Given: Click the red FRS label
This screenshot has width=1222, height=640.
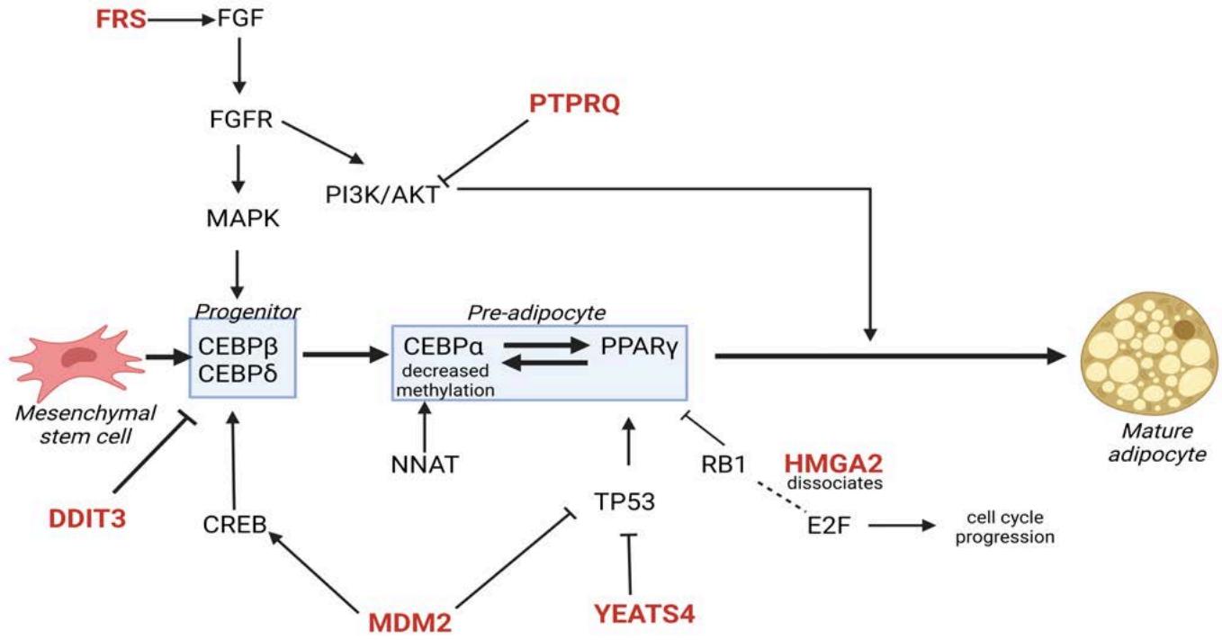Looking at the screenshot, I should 120,18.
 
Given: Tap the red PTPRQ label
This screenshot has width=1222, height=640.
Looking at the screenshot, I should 575,106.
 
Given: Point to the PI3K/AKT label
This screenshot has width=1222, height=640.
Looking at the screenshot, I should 382,194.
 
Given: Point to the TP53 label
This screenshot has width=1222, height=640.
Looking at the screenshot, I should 627,500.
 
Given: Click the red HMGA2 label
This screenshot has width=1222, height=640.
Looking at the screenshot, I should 832,464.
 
